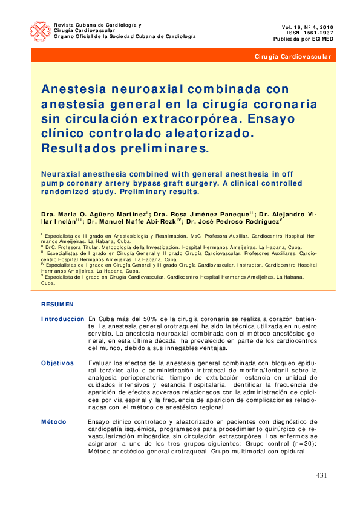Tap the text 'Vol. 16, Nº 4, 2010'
[307, 27]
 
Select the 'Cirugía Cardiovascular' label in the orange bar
[293, 56]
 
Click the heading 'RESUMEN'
[57, 304]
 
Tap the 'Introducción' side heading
[62, 319]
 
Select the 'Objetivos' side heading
[57, 363]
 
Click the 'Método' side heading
[54, 421]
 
